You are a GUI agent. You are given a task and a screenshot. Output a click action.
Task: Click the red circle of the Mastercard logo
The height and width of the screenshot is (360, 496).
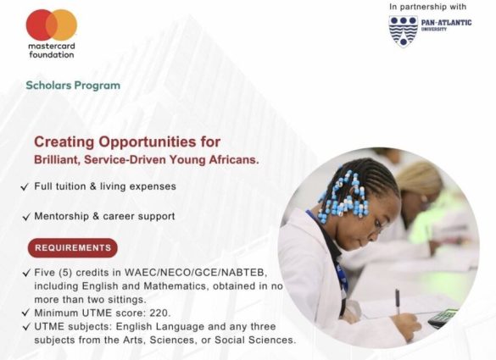39,25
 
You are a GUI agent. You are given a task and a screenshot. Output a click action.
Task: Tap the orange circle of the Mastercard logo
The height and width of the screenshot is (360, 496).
64,25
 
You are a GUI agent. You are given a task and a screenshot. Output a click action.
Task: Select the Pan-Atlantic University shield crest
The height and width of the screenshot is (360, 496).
404,31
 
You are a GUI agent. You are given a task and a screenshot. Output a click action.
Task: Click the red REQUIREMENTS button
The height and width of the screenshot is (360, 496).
73,248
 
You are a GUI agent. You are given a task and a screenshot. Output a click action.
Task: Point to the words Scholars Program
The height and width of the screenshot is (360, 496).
73,86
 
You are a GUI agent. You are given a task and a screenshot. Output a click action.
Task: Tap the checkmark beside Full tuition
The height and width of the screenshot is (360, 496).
25,187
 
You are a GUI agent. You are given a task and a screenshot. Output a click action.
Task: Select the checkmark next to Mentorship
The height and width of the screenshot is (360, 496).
26,217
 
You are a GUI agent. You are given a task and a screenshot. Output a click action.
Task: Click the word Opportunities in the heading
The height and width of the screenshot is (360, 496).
148,142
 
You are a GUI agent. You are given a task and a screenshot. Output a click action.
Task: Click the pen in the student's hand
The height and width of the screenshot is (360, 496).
398,302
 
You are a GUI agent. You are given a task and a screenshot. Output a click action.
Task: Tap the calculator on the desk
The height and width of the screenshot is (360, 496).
443,318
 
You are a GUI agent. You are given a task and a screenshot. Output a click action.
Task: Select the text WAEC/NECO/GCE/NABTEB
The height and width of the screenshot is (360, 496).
195,273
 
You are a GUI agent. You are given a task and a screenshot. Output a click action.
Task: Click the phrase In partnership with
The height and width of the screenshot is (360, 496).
427,7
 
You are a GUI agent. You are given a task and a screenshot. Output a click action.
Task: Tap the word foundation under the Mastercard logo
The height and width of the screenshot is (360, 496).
52,55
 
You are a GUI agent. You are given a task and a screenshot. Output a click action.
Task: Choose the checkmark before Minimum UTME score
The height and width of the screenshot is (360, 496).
25,313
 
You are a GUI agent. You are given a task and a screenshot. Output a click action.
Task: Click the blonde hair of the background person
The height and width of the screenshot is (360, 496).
419,179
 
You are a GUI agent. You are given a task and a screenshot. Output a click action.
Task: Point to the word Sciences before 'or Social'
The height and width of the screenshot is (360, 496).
176,340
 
